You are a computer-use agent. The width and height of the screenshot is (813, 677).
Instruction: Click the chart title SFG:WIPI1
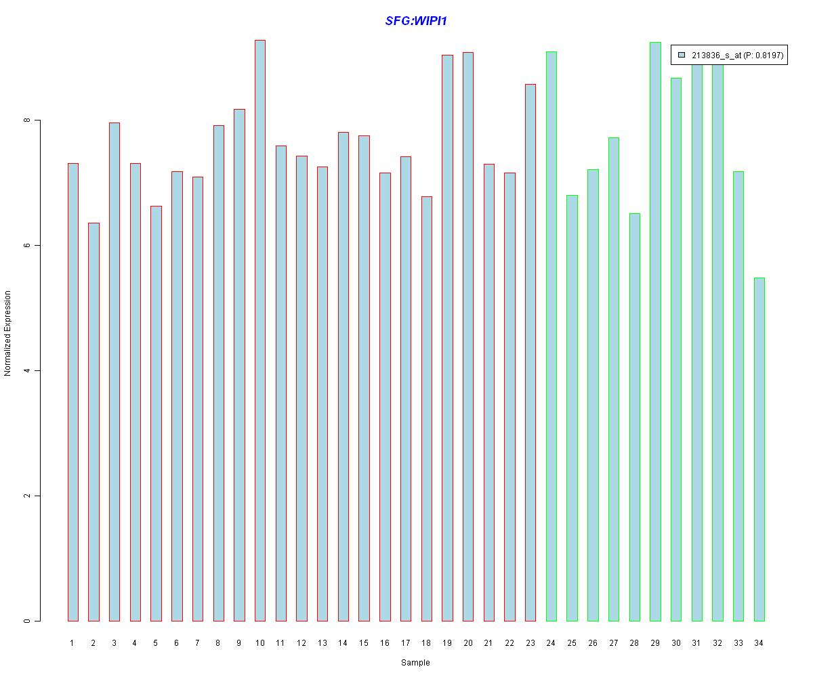(416, 21)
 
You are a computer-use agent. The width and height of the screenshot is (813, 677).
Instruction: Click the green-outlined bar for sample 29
(655, 332)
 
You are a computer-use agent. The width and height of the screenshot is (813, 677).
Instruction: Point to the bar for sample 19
(447, 338)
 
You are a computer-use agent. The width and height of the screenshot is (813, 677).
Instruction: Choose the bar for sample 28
(634, 417)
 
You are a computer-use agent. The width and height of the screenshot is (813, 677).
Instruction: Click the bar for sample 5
(156, 413)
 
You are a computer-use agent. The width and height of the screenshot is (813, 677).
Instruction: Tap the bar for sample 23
(530, 352)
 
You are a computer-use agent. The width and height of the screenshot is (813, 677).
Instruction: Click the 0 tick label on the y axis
(27, 621)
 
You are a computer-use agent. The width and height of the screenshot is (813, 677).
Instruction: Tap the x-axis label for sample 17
(405, 643)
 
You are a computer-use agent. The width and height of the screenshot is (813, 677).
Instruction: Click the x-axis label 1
(72, 643)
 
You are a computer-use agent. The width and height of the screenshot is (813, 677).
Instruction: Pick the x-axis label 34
(759, 643)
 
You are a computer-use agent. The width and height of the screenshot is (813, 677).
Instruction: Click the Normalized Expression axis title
(7, 333)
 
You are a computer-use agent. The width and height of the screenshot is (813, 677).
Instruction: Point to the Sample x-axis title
(415, 663)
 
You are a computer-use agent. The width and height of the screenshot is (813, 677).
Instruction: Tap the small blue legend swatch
(682, 55)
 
